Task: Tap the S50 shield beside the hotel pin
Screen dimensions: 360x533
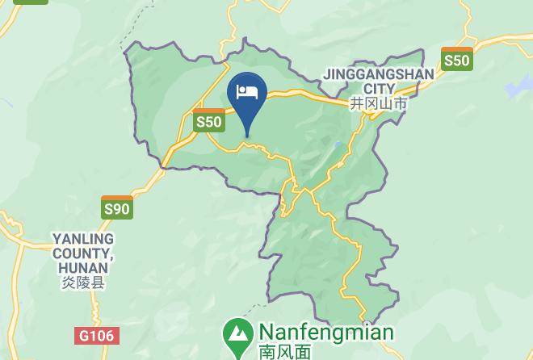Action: tap(209, 120)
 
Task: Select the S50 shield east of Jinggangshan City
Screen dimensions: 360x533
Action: tap(456, 59)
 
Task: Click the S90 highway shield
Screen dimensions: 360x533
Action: tap(117, 207)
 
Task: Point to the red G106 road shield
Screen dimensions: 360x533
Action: tap(98, 335)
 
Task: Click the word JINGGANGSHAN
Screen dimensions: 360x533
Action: tap(378, 74)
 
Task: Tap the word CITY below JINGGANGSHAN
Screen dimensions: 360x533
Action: tap(379, 89)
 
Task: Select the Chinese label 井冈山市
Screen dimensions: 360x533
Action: tap(378, 104)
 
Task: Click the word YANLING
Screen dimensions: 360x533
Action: tap(83, 239)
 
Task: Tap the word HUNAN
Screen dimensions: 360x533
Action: tap(82, 268)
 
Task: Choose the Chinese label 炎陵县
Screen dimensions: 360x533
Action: tap(82, 283)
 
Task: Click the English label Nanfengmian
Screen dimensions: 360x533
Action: tap(325, 333)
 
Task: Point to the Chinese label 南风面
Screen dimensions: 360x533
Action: tap(284, 351)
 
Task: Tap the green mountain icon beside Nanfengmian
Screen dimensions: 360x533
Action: tap(237, 335)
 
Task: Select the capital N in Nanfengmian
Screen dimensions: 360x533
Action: tap(266, 333)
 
